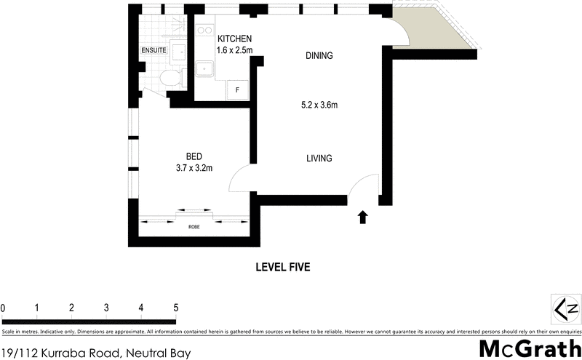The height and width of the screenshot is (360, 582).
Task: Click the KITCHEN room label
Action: pyautogui.click(x=234, y=39)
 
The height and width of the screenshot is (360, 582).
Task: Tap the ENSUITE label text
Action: pyautogui.click(x=154, y=51)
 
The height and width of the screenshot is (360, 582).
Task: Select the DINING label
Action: pyautogui.click(x=319, y=55)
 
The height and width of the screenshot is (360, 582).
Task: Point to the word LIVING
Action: pyautogui.click(x=319, y=158)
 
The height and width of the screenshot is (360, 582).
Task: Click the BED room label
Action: pyautogui.click(x=194, y=156)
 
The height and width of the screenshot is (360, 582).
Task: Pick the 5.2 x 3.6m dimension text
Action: pyautogui.click(x=319, y=105)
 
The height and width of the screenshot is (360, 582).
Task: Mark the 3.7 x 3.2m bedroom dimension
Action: pyautogui.click(x=194, y=169)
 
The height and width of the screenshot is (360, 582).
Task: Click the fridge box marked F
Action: pyautogui.click(x=237, y=90)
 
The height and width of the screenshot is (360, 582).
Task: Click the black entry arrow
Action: pyautogui.click(x=363, y=217)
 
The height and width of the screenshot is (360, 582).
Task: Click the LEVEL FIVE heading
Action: pyautogui.click(x=283, y=268)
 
